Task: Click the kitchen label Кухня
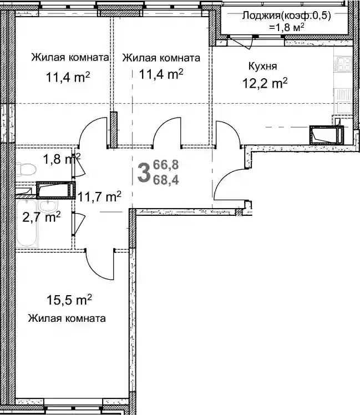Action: [x=262, y=66]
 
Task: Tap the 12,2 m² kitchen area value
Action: [x=265, y=83]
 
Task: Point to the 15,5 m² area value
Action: [x=69, y=300]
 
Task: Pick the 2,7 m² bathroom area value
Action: [x=42, y=217]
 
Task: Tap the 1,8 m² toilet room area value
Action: [x=62, y=159]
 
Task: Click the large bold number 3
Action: [x=144, y=173]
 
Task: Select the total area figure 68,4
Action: [x=166, y=180]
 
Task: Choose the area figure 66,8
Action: [x=166, y=165]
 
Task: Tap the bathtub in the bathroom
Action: [x=27, y=224]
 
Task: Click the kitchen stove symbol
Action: [x=343, y=64]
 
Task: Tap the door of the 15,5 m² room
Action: [x=99, y=264]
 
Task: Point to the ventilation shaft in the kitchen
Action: [x=326, y=135]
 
